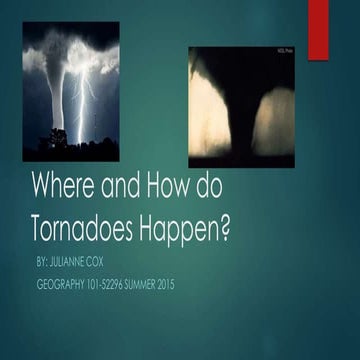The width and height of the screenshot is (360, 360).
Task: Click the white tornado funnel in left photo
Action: (56, 95)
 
